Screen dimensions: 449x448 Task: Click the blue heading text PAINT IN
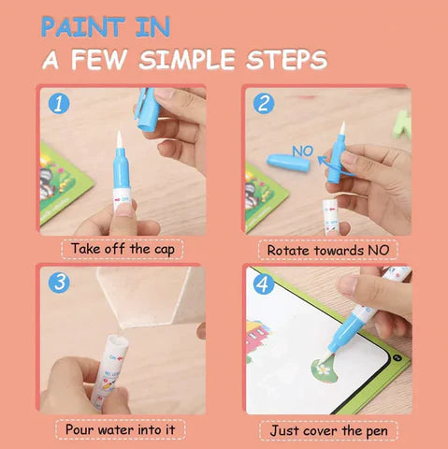tap(106, 25)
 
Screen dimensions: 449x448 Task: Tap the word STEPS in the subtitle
tap(287, 61)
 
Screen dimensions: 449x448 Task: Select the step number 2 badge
tap(263, 102)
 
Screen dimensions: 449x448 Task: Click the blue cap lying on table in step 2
tap(288, 159)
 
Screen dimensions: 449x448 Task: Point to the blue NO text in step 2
tap(301, 149)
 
